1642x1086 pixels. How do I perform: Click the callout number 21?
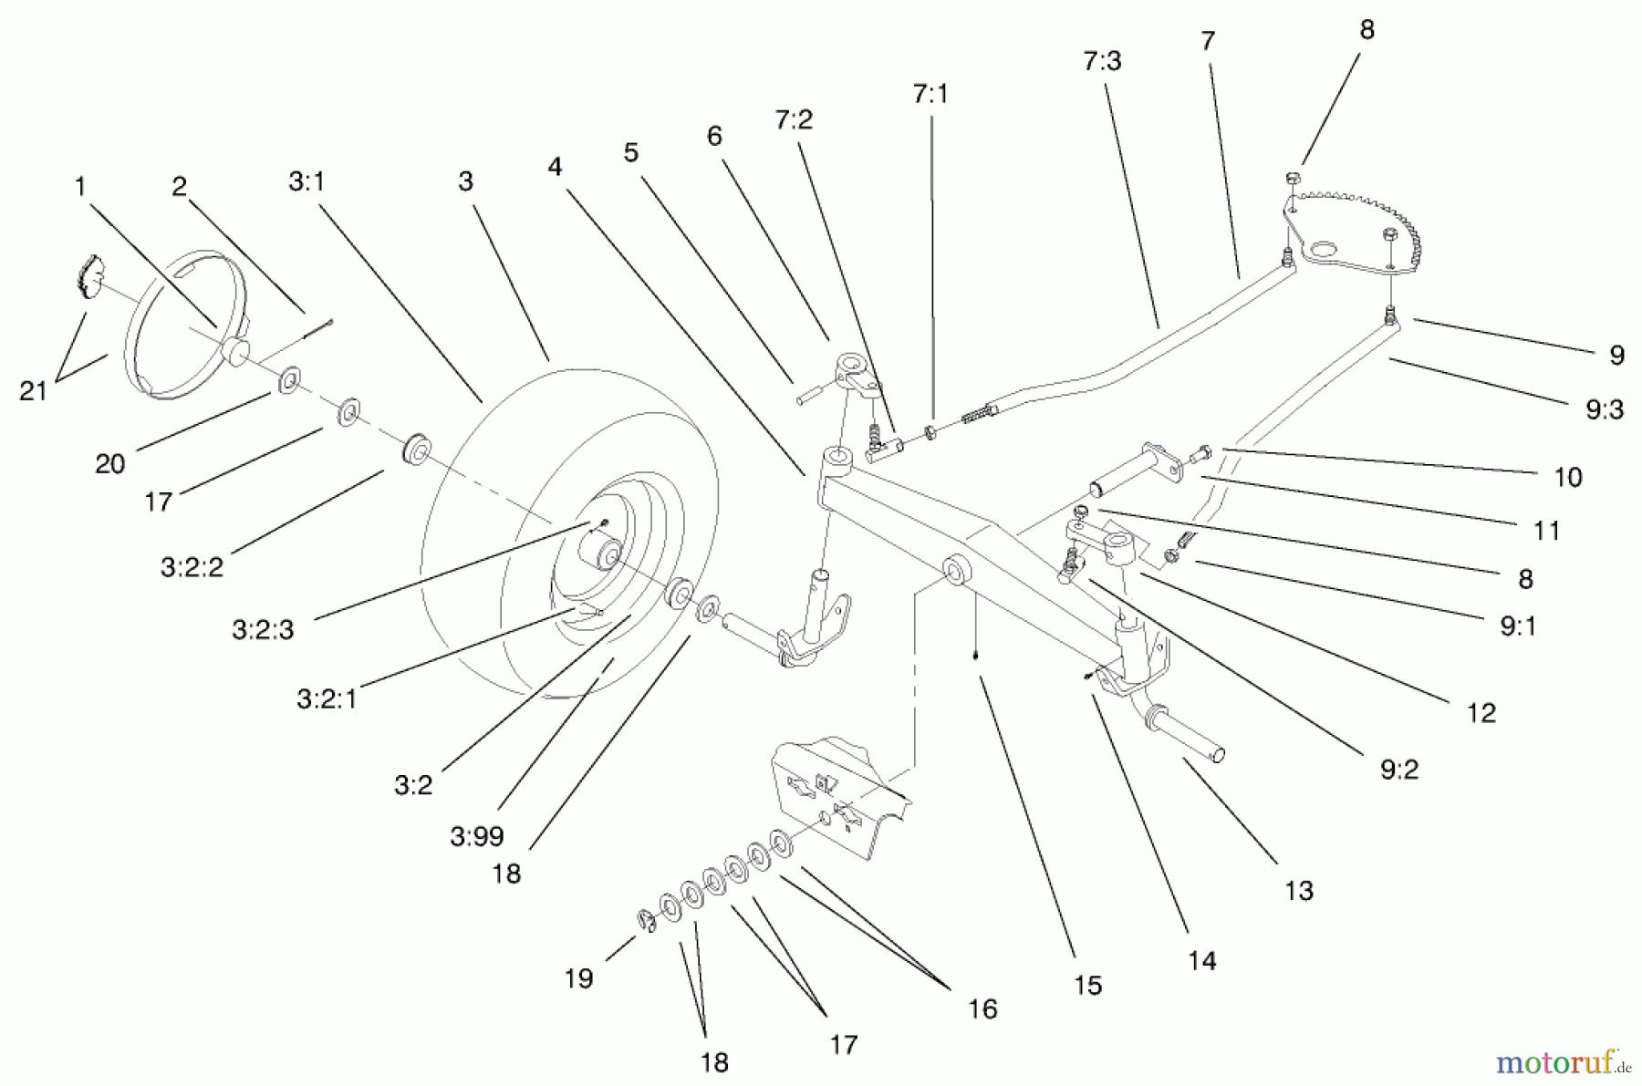click(x=33, y=391)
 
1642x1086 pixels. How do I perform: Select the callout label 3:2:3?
click(x=263, y=629)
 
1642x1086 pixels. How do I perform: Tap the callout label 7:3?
click(x=1102, y=61)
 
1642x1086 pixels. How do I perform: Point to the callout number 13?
click(x=1298, y=890)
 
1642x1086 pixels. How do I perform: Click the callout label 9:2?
click(x=1398, y=771)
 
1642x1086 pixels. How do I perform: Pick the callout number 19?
click(x=578, y=978)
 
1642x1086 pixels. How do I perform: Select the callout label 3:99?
click(x=476, y=836)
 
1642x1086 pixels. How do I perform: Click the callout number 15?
click(x=1087, y=985)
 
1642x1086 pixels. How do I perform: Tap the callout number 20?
click(x=109, y=464)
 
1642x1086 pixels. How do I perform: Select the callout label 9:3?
click(x=1604, y=410)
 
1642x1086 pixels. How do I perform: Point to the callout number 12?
click(x=1481, y=713)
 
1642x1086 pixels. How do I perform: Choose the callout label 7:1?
click(x=930, y=94)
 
